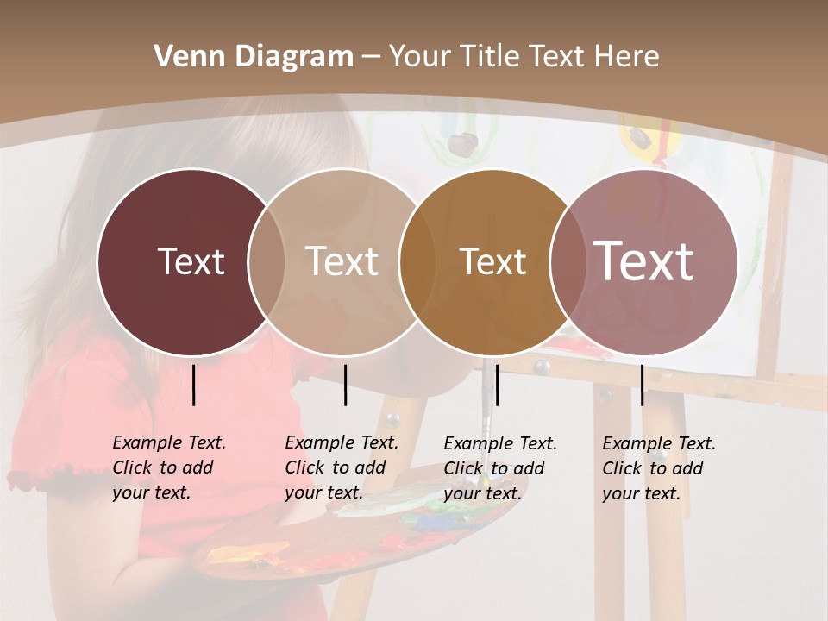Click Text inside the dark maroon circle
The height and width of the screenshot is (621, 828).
[x=191, y=261]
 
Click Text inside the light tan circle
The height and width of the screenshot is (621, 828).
[x=342, y=261]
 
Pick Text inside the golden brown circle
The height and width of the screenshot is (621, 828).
[x=493, y=261]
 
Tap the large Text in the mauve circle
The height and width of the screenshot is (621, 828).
[x=644, y=261]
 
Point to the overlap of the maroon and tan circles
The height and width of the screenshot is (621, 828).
[x=267, y=262]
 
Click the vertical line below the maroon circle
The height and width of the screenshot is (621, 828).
[x=194, y=385]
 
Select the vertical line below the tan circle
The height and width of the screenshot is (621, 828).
[x=345, y=385]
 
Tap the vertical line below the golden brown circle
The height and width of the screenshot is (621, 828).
[x=497, y=385]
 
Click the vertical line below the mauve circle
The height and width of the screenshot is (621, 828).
[x=643, y=385]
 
